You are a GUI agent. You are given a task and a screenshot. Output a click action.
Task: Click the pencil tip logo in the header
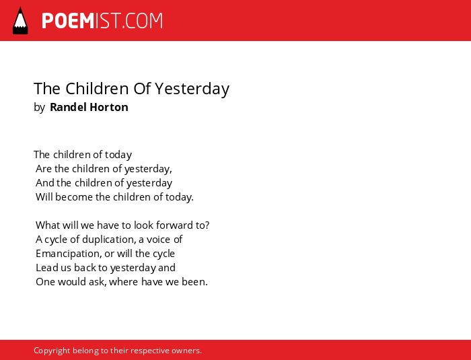coord(20,20)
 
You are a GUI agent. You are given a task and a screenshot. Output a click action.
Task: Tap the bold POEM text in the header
coord(68,21)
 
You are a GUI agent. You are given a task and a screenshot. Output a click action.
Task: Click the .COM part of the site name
coord(142,21)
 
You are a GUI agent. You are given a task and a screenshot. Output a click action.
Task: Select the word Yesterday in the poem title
coord(192,89)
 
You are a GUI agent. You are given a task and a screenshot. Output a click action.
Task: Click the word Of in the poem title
coord(143,88)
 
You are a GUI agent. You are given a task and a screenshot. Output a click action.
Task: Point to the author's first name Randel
coord(68,107)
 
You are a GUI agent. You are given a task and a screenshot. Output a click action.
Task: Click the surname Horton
coord(109,107)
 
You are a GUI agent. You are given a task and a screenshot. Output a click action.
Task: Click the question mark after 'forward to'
coord(207,225)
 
